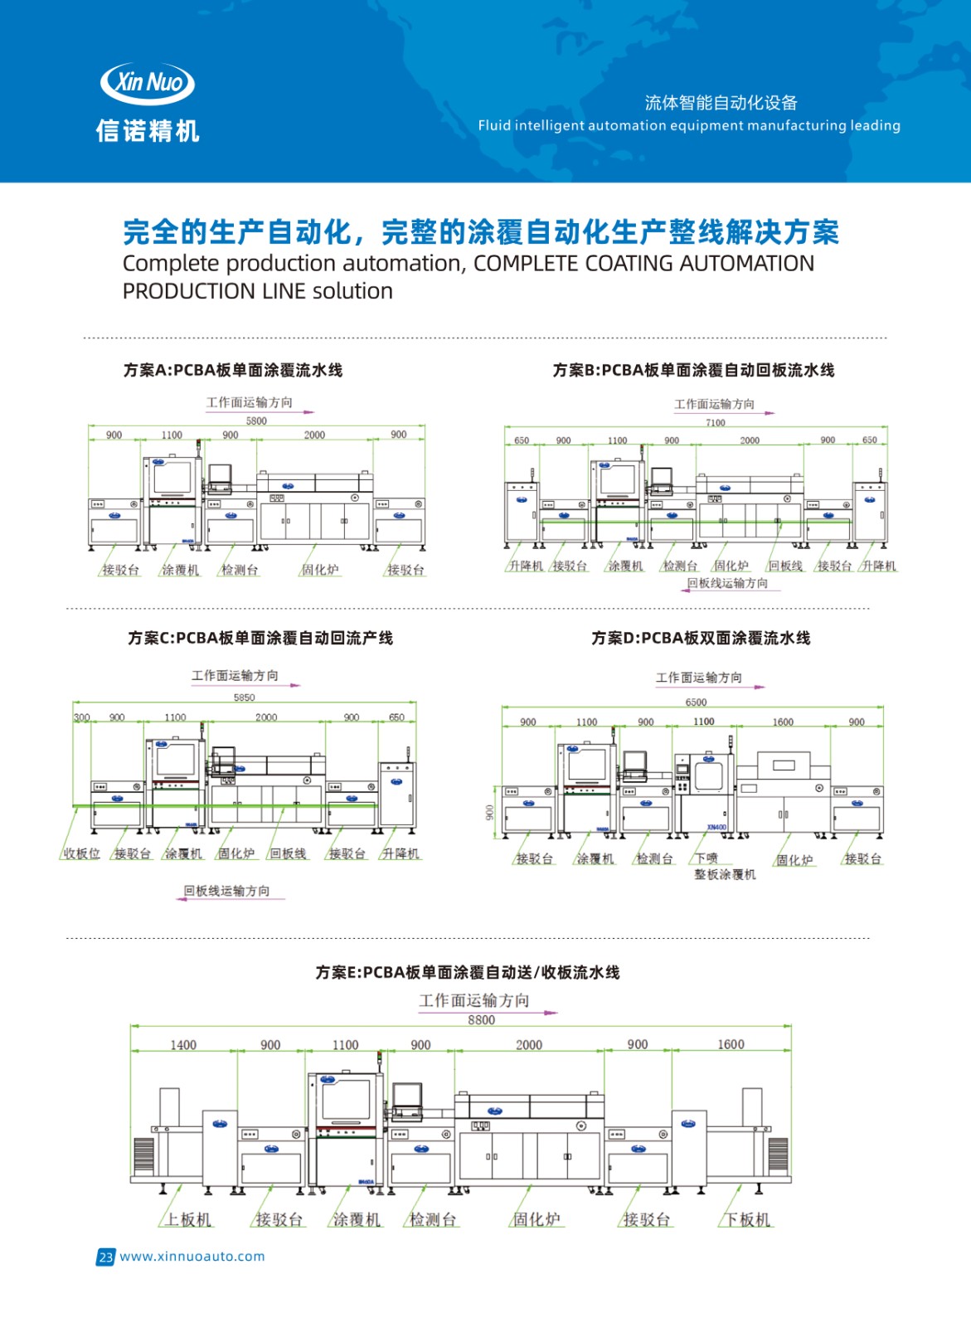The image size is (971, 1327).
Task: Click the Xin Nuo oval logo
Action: pos(147,82)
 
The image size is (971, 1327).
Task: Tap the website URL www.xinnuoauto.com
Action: pos(192,1256)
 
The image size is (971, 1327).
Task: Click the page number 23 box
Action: pos(105,1257)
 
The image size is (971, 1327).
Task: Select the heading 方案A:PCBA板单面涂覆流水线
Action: pos(232,370)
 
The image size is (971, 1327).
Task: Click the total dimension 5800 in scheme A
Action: pos(256,420)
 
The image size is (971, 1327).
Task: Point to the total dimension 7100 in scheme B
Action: pos(715,422)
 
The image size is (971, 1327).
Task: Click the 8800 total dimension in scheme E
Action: pos(481,1020)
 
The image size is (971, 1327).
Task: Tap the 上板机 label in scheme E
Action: pos(188,1219)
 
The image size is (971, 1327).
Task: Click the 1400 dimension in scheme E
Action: pos(183,1045)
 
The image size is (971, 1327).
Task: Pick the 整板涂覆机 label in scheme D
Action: pos(725,874)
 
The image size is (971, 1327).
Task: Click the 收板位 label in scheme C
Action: pos(81,853)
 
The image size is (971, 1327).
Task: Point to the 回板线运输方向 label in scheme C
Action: pos(226,891)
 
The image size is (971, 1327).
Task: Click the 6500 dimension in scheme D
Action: pos(696,702)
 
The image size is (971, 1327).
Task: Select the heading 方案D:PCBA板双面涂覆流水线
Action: pos(701,638)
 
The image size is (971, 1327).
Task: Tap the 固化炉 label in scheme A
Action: pos(319,570)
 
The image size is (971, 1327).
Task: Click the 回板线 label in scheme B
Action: pos(785,566)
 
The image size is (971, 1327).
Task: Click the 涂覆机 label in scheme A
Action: pos(180,570)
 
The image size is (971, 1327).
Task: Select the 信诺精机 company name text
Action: pos(148,130)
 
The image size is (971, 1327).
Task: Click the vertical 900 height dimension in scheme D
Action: pos(489,812)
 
